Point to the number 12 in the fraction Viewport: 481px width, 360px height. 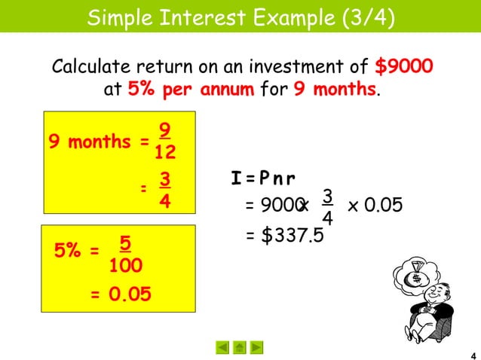click(165, 153)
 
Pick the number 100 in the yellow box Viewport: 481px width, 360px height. click(127, 267)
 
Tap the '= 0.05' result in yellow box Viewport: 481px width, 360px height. click(120, 294)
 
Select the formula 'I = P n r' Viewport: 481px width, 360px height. click(263, 178)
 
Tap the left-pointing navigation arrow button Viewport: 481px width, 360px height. click(222, 347)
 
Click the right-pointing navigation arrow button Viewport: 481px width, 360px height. click(257, 347)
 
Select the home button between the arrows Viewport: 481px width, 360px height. click(240, 347)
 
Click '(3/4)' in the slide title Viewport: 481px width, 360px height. click(366, 16)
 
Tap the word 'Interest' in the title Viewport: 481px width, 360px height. click(212, 16)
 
